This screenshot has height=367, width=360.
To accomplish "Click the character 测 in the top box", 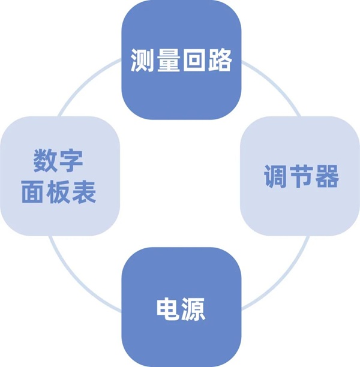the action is tap(142, 60).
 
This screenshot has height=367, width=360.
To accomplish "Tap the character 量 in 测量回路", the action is tap(168, 60).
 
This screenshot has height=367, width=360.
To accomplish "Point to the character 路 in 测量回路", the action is tap(220, 60).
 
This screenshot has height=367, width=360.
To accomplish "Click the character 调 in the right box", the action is tap(276, 176).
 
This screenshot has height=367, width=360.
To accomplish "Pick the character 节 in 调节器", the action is tap(301, 176).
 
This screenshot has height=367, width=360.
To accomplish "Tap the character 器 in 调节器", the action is tap(327, 176).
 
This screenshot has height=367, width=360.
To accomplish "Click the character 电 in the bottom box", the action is tap(167, 309).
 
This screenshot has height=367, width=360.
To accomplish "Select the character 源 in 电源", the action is tap(193, 309).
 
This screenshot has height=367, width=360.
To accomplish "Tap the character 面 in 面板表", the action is tap(33, 192).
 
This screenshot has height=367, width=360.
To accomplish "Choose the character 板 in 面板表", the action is tap(58, 192).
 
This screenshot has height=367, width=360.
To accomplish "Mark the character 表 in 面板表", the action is tap(84, 192).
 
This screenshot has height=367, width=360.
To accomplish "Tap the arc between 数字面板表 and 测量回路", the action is tap(86, 83).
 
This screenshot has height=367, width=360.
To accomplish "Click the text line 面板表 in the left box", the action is tap(59, 192).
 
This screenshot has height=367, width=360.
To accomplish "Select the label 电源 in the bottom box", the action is tap(181, 309).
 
